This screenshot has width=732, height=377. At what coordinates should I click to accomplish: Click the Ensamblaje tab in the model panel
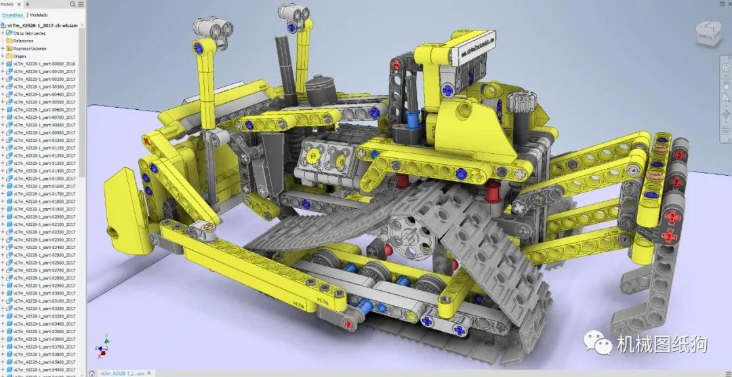click(x=13, y=14)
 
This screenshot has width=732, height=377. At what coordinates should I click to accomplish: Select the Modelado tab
click(x=39, y=14)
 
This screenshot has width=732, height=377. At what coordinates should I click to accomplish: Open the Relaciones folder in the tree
click(x=23, y=41)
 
